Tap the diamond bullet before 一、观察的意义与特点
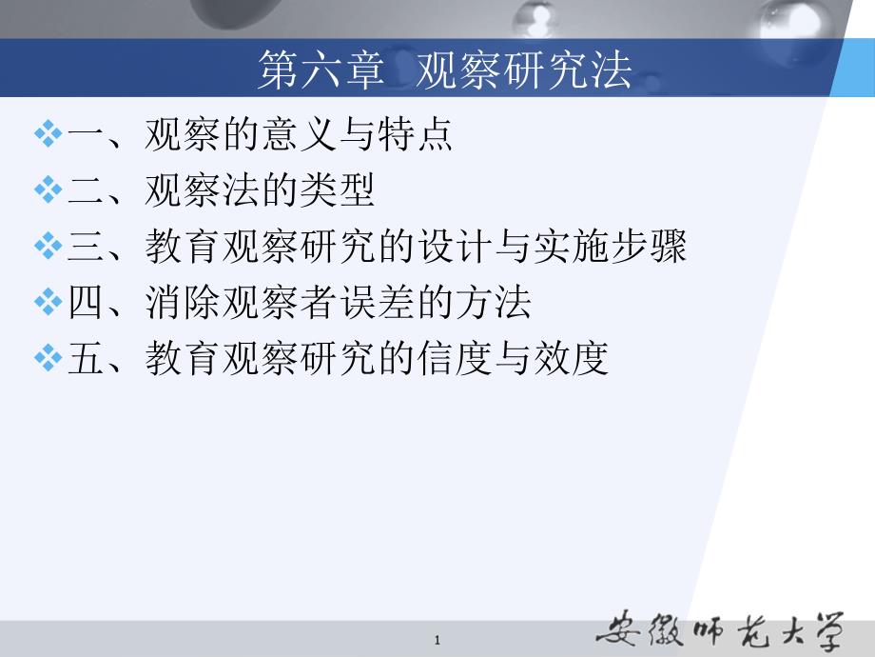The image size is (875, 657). click(48, 135)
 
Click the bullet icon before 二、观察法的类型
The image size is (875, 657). click(48, 191)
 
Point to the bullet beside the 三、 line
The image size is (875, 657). click(48, 248)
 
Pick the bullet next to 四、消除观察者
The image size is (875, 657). click(48, 304)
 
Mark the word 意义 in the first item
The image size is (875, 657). click(299, 135)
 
